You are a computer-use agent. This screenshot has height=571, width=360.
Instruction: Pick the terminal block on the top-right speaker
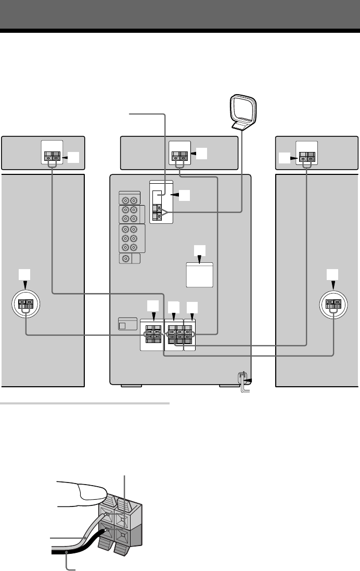click(306, 155)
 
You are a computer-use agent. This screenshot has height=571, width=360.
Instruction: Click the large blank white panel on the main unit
click(200, 275)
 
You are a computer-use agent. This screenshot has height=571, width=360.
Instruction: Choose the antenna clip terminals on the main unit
click(158, 212)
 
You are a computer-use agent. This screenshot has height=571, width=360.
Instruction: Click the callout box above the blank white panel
click(200, 250)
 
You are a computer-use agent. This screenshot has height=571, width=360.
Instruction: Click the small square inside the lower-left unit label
click(123, 325)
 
